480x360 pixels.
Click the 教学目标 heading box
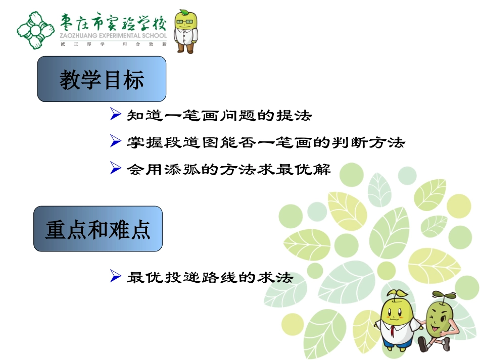click(102, 79)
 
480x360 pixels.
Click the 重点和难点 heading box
click(98, 229)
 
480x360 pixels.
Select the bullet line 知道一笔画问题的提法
click(219, 116)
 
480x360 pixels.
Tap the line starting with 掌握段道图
click(265, 143)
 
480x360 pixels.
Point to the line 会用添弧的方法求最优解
click(228, 170)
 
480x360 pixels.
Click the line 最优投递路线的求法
click(210, 277)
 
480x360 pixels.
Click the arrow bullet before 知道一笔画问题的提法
click(115, 116)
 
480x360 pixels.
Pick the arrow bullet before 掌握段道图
click(115, 142)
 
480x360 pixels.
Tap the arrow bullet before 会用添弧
click(115, 170)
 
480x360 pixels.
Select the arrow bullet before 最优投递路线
click(115, 277)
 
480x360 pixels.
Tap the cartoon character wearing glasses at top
click(185, 31)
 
